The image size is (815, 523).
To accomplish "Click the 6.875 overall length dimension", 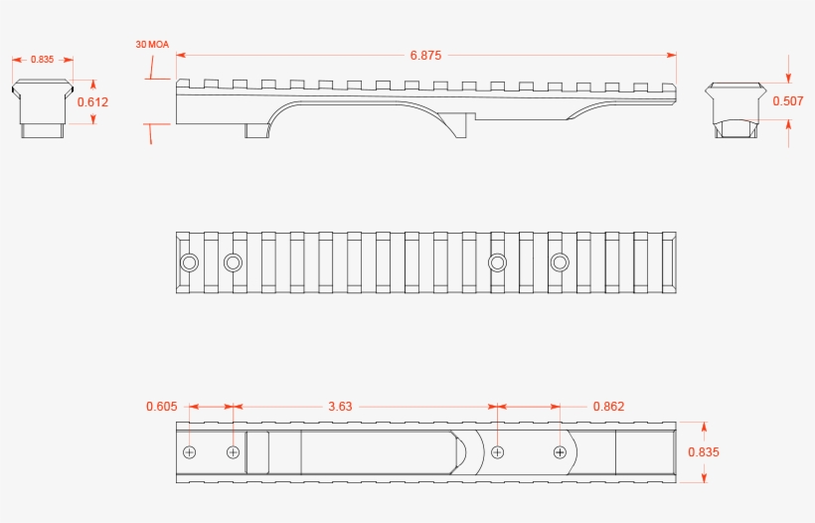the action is point(425,55).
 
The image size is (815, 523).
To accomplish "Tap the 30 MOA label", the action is point(152,45).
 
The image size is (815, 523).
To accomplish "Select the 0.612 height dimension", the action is point(93,101).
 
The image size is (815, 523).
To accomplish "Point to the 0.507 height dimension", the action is point(788,100).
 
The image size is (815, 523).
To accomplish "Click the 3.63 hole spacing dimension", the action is point(341,406).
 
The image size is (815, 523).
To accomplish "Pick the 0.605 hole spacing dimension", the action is point(162,406).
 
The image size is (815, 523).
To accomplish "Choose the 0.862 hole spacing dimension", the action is point(608,406).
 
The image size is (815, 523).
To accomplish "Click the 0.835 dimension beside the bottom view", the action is point(704,451).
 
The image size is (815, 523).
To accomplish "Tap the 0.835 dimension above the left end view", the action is point(42,60).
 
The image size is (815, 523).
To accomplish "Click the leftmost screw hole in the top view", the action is point(189,262).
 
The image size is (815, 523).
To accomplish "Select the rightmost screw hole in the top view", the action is point(560,262).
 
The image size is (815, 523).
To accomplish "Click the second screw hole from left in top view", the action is point(233,262).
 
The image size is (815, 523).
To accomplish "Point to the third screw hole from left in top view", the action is point(497,262).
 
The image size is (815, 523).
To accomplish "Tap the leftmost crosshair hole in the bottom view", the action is point(190,452).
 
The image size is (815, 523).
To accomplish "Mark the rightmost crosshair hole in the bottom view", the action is point(560,452).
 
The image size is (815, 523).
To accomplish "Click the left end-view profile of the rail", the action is point(43,108).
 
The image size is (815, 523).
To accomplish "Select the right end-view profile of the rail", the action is point(735,109).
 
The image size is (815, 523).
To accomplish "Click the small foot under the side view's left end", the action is point(255,131).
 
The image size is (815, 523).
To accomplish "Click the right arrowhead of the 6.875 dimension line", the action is point(672,55).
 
